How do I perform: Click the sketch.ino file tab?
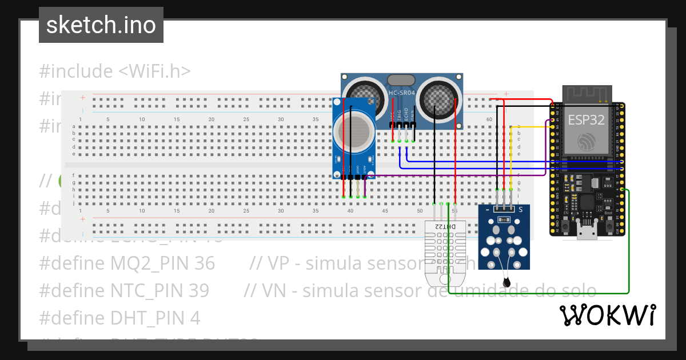(101, 25)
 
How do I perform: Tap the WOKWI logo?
(607, 315)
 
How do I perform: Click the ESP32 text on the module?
(587, 119)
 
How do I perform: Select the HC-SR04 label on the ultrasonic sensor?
(401, 93)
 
